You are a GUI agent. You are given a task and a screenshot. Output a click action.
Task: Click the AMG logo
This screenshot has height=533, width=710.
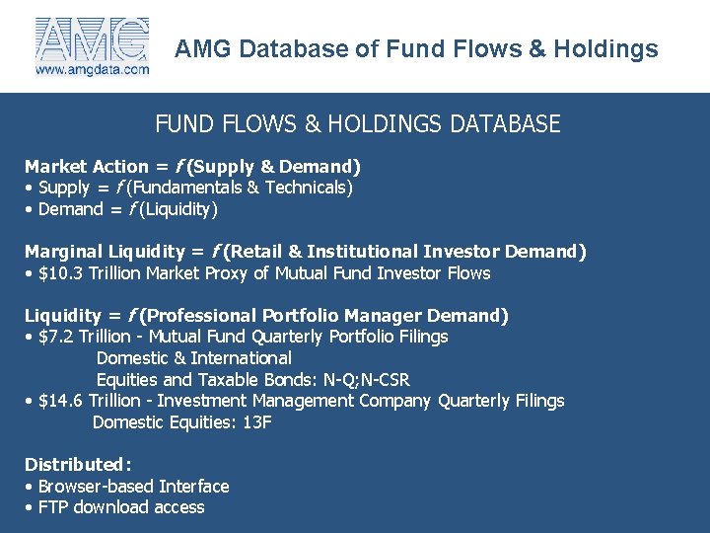click(x=92, y=39)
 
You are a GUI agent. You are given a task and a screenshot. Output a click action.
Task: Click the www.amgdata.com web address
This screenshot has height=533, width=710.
click(x=92, y=70)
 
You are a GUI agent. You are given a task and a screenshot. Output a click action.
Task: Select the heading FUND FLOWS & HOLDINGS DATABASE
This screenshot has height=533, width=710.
click(x=357, y=124)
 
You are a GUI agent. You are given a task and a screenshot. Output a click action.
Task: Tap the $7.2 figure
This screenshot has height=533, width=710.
click(x=58, y=337)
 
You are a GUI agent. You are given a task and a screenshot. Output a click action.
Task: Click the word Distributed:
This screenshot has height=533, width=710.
click(x=78, y=464)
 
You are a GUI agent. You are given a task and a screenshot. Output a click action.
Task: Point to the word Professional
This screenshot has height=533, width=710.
click(x=199, y=316)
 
